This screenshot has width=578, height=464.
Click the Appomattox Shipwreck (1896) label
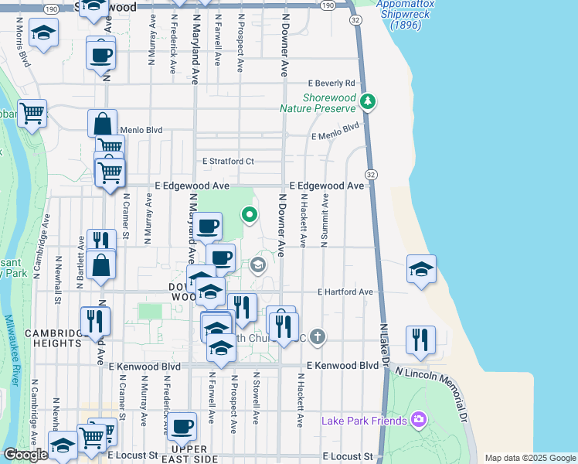[405, 15]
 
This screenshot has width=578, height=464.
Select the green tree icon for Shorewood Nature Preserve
[369, 101]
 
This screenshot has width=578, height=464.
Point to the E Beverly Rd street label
[331, 83]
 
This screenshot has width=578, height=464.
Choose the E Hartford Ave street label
[345, 292]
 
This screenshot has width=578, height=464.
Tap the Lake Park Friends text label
[364, 421]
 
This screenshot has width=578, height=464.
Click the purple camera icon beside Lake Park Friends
[419, 420]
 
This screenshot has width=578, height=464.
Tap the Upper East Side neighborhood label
[190, 454]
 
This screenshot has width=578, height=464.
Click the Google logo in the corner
[25, 455]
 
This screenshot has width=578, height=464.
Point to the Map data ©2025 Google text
[529, 458]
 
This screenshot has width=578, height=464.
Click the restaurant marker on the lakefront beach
[420, 339]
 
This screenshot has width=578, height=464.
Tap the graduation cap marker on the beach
[421, 269]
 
